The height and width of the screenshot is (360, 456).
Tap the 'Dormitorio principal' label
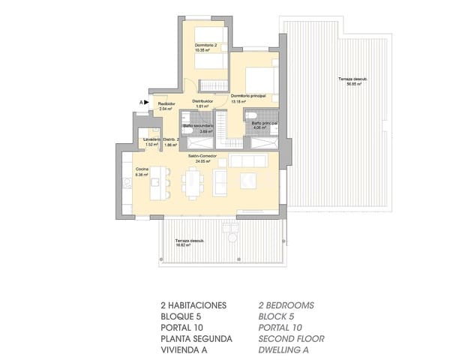[x=249, y=96]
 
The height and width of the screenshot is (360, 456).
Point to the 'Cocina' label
[x=141, y=169]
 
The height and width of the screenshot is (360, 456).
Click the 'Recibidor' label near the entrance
[x=166, y=103]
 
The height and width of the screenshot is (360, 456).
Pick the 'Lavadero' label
[x=152, y=139]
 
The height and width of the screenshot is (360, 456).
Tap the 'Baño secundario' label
[x=199, y=125]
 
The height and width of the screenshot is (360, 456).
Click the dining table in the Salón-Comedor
[x=194, y=180]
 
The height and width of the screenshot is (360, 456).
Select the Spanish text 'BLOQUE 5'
[x=182, y=316]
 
